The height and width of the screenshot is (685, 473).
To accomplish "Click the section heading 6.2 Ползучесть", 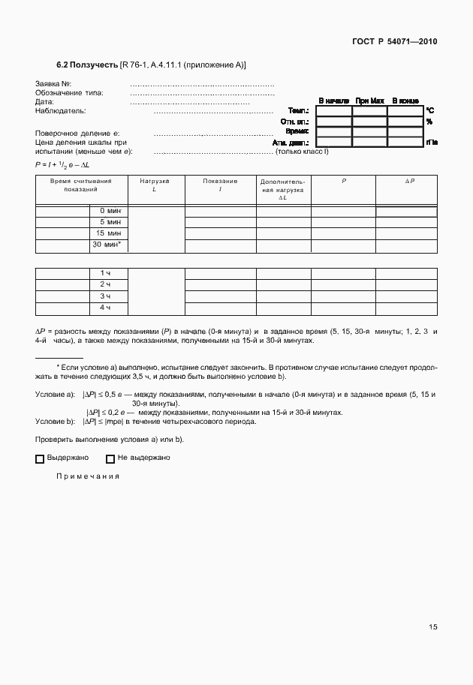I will (87, 66).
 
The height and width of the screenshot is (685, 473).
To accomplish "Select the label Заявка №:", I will (53, 83).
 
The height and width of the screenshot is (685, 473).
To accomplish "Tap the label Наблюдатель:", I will (60, 111).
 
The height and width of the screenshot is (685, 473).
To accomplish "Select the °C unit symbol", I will (429, 111).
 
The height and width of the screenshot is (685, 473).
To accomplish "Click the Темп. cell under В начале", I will (333, 111).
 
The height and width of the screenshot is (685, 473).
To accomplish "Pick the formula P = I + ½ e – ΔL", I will (62, 164).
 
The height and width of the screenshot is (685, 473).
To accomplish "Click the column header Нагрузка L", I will (155, 185).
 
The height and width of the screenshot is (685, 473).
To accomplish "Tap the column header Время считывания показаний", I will (81, 185).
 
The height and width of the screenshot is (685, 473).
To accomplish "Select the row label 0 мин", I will (110, 212).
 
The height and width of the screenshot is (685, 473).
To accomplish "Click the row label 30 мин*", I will (107, 245).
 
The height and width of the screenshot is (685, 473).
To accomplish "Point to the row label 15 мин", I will (110, 233).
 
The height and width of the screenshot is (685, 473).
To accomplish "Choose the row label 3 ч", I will (105, 296).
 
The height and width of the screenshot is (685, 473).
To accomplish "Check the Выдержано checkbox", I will (40, 459).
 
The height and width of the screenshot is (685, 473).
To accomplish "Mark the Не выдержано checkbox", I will (110, 459).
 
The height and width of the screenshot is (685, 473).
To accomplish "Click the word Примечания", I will (88, 476).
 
